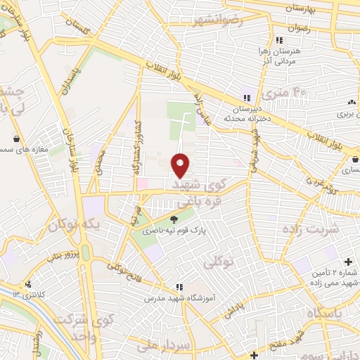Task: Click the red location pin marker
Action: click(x=181, y=165)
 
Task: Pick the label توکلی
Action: click(x=219, y=263)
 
